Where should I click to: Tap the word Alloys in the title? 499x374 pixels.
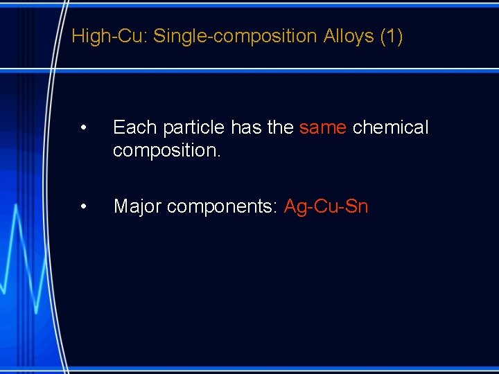[x=349, y=36]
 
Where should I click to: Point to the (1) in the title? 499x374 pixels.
[x=392, y=36]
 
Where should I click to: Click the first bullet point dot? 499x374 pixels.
[x=83, y=127]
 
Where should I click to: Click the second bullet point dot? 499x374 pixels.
[x=83, y=206]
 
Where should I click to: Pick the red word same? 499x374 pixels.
[x=323, y=127]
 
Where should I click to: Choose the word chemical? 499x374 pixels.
[x=391, y=127]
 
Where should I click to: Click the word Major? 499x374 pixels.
[x=137, y=206]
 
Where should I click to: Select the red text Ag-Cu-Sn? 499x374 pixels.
[x=326, y=206]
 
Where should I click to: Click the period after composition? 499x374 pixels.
[x=219, y=154]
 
